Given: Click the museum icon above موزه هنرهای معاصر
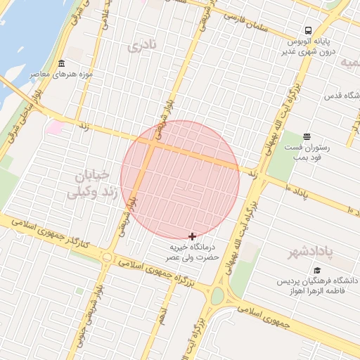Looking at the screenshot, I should (x=61, y=63).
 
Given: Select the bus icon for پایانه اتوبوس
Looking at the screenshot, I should (x=308, y=30).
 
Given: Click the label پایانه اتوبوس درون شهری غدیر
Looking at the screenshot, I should (x=309, y=46).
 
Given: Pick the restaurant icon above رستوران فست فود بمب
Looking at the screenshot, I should (x=307, y=136).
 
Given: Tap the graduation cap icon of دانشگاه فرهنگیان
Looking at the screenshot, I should (x=317, y=270).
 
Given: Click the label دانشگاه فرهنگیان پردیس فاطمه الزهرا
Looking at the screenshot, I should (x=316, y=286).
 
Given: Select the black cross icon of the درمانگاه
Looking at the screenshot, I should (x=193, y=236).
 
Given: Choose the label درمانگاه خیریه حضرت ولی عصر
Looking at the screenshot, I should (x=195, y=252).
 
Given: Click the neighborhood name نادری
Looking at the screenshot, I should (x=141, y=46).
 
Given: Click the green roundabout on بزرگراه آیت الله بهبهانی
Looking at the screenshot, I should (x=217, y=296).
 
